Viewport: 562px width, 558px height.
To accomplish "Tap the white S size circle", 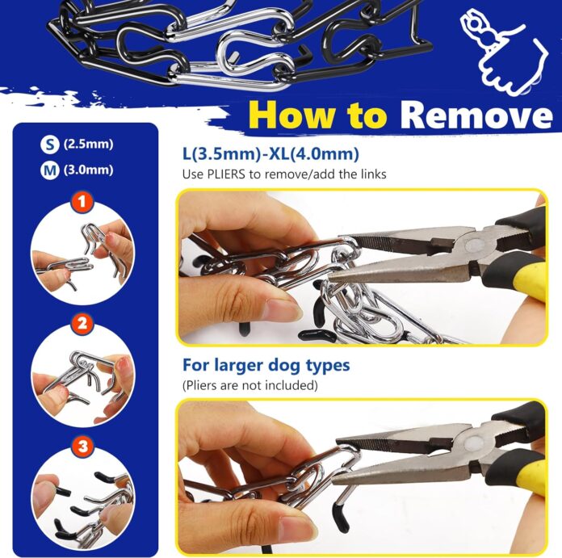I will tap(50, 145).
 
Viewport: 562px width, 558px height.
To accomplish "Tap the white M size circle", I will tap(50, 170).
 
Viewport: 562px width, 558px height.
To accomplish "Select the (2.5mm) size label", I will tap(90, 145).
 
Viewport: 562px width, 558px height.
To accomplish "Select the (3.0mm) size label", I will tap(90, 170).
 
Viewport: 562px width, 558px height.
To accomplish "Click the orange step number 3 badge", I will tap(81, 446).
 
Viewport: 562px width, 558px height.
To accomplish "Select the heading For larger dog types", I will tap(266, 365).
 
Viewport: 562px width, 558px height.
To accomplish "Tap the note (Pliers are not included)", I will tap(250, 386).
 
